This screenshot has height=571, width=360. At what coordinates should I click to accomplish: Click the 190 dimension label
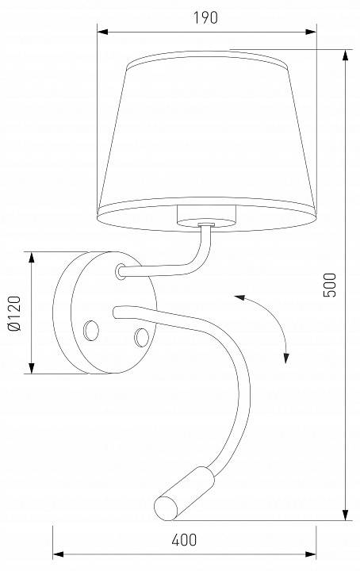point(205,17)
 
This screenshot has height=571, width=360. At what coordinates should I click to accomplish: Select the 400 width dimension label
point(184,540)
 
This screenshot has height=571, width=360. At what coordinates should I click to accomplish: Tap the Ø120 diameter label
point(13,313)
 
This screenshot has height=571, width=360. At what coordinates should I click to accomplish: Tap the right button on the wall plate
point(143,336)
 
